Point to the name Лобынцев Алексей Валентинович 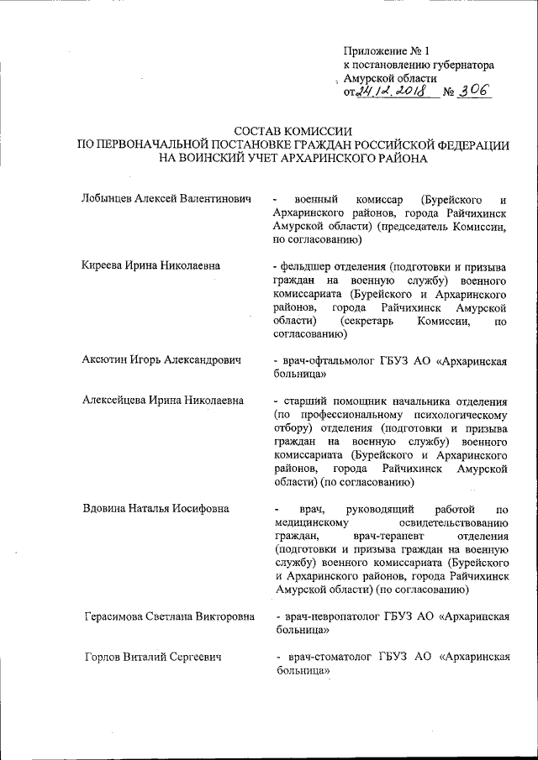pos(167,199)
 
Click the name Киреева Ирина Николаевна pos(152,265)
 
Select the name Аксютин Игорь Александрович pos(161,360)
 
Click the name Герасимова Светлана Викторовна pos(169,617)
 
